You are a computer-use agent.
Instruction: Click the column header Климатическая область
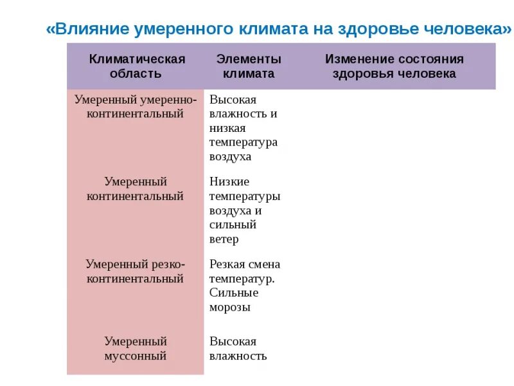pos(136,66)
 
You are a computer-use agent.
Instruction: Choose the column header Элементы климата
pos(248,66)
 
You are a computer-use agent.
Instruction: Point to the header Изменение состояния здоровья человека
pos(393,66)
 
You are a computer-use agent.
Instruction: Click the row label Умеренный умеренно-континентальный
pos(136,107)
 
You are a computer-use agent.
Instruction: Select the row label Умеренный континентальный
pos(136,189)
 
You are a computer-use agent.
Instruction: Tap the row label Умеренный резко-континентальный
pos(136,271)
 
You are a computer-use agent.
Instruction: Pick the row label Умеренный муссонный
pos(136,349)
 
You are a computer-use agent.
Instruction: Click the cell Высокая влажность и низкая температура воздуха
pos(243,128)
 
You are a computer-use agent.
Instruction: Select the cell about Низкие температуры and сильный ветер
pos(244,210)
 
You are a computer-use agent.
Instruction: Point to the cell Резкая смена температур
pos(244,271)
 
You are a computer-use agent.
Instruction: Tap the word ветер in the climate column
pos(224,239)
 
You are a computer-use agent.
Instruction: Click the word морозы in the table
pos(229,308)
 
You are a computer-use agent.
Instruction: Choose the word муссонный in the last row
pos(136,356)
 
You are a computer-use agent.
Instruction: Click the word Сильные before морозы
pos(234,293)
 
